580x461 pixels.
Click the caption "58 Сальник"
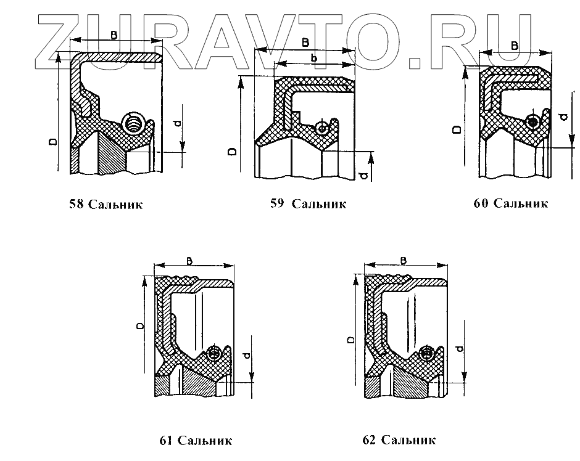[x=106, y=204]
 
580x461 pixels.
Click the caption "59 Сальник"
[x=308, y=203]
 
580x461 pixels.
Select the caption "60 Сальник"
[x=510, y=203]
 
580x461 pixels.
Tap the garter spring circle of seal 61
[x=214, y=353]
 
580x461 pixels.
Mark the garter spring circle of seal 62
[x=426, y=353]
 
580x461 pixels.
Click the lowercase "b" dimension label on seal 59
[x=314, y=58]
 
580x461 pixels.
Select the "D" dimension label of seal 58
[x=54, y=142]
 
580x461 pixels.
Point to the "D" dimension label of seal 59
[x=231, y=151]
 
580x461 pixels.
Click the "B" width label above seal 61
[x=189, y=259]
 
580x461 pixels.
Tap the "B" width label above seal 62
[x=403, y=261]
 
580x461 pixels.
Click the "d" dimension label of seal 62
[x=457, y=349]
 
